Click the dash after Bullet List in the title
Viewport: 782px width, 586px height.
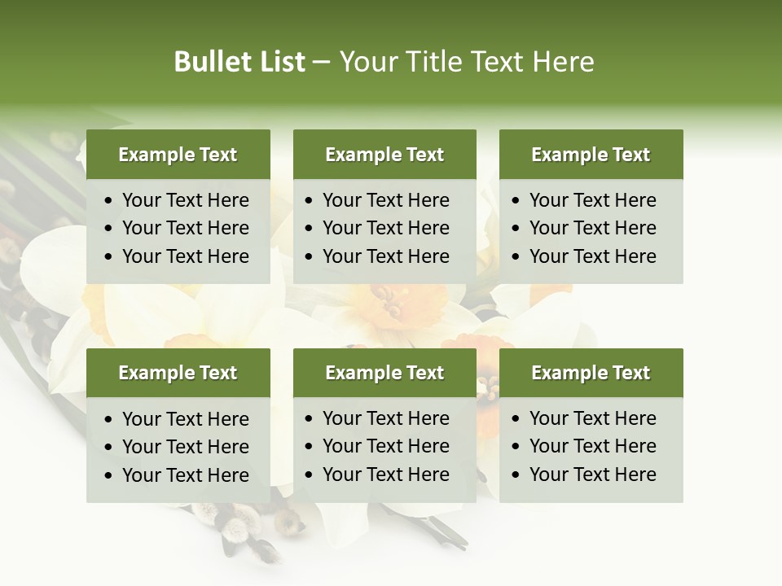point(321,63)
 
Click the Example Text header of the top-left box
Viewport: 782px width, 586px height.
point(178,155)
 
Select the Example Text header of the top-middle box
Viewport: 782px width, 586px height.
point(384,155)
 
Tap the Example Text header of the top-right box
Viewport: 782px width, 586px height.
point(591,155)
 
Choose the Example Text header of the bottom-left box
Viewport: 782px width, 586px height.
point(178,373)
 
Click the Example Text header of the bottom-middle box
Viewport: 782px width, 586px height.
point(384,373)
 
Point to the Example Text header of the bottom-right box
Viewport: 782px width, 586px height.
point(591,373)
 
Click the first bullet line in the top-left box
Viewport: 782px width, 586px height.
point(185,200)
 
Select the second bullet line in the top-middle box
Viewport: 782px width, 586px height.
point(385,228)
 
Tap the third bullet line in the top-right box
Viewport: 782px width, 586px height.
point(592,256)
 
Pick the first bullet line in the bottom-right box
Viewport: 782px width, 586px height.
point(592,418)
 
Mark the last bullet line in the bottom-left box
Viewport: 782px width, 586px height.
point(185,475)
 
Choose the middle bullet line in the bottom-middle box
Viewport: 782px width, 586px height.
point(385,446)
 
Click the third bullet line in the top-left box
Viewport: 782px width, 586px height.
point(185,256)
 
